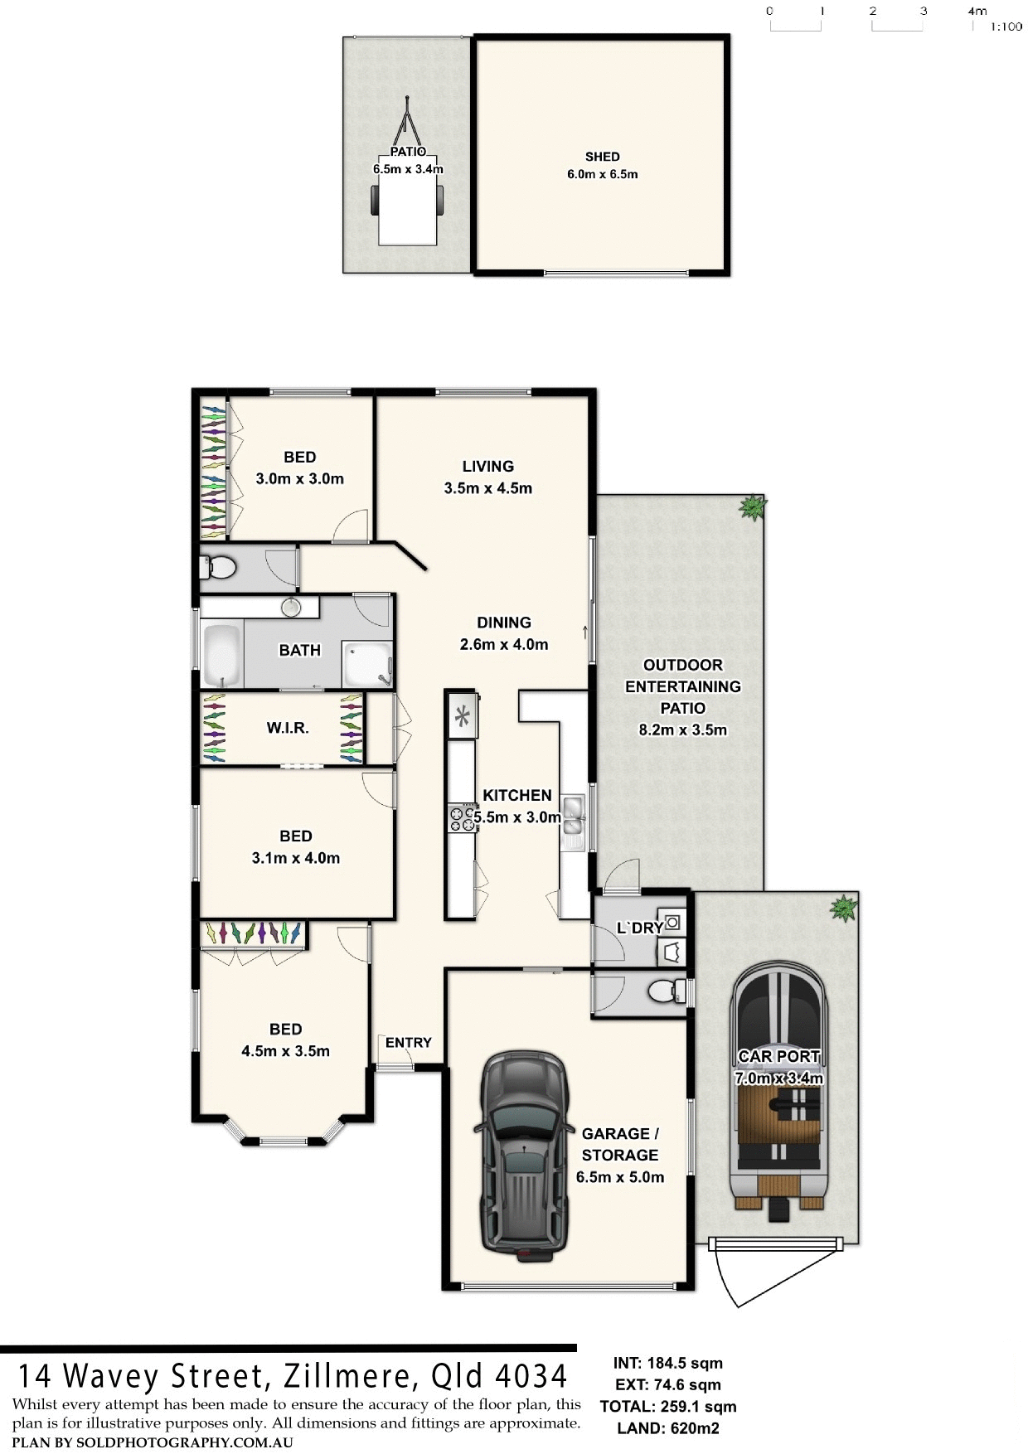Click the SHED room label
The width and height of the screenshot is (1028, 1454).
tap(602, 157)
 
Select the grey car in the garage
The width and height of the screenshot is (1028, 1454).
tap(523, 1156)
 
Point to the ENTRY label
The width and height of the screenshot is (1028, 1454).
tap(409, 1043)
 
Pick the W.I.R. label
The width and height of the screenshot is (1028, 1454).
tap(288, 728)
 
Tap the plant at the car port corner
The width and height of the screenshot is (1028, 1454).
tap(843, 908)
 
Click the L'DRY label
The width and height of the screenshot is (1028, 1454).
tap(639, 928)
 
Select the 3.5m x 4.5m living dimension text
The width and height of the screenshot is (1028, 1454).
tap(487, 488)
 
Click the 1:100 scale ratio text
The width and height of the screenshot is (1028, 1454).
tap(1006, 27)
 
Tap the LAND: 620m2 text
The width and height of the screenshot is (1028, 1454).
tap(667, 1428)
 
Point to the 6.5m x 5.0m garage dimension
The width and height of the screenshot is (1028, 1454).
tap(620, 1177)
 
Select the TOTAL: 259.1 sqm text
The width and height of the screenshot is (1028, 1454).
tap(667, 1407)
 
